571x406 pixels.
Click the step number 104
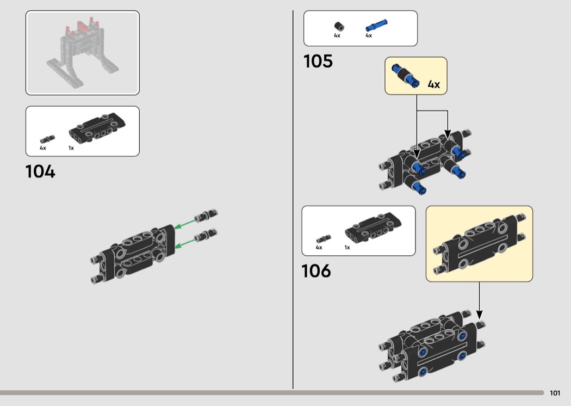coord(40,171)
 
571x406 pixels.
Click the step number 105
coord(318,61)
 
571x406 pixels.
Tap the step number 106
coord(316,271)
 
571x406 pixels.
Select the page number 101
coord(555,393)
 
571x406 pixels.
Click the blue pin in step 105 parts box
coord(376,26)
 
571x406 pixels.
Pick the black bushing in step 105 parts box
coord(339,27)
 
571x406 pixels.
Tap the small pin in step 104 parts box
coord(47,139)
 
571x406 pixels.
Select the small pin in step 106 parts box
coord(324,239)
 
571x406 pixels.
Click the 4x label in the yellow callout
coord(434,84)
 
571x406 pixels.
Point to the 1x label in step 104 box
coord(71,148)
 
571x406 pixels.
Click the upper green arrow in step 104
coord(185,223)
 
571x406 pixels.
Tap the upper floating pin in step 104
coord(206,216)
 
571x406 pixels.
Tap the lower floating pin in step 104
coord(206,235)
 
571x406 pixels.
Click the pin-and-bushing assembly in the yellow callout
coord(405,76)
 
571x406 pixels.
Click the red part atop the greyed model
coord(82,26)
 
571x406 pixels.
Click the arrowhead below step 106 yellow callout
coord(480,315)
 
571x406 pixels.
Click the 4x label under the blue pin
coord(369,35)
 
